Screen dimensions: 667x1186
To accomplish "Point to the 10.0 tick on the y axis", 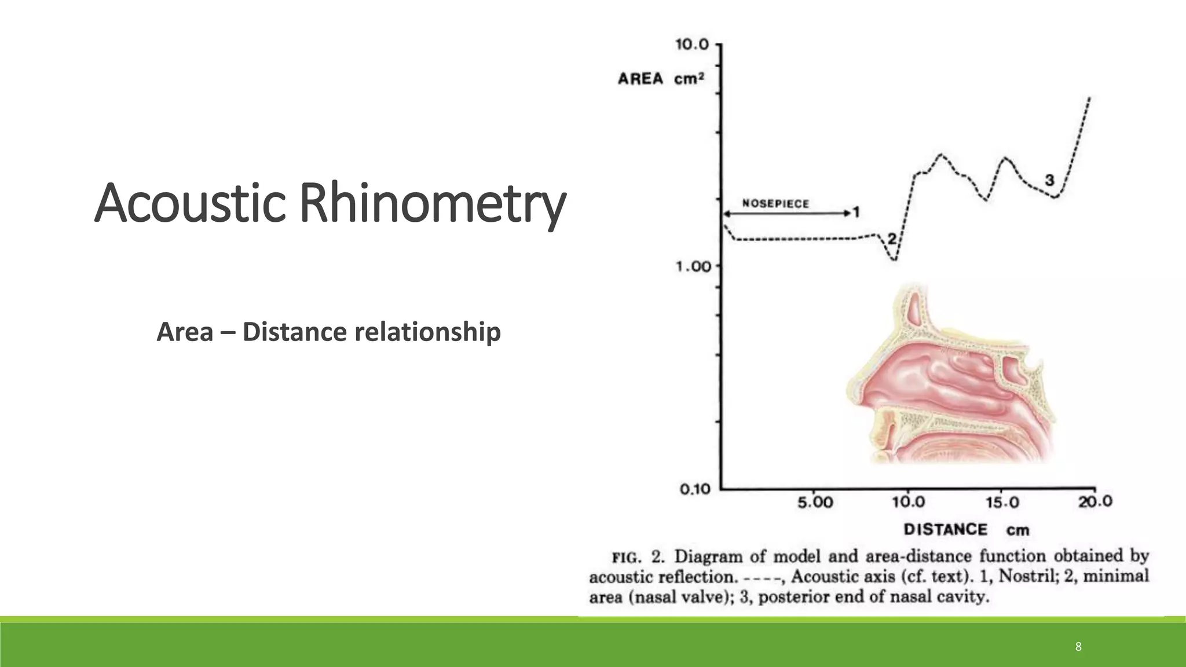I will pos(692,45).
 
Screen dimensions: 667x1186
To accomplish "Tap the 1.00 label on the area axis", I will pos(693,267).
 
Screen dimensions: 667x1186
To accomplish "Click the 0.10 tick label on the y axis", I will pos(694,490).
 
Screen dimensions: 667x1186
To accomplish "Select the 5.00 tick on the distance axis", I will pos(815,502).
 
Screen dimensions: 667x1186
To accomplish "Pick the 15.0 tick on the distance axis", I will pos(1002,502).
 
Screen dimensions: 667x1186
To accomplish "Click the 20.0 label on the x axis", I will pos(1095,501).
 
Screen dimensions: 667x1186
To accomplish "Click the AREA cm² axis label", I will pos(661,79).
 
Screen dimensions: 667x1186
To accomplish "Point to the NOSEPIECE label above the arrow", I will pos(775,203).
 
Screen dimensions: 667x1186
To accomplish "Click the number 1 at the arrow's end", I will pos(856,212).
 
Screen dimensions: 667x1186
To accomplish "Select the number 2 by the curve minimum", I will pos(892,239).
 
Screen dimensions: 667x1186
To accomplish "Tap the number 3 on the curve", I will pos(1049,180).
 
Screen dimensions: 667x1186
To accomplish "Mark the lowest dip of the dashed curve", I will pos(895,260).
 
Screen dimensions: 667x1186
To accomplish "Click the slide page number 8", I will pos(1078,647).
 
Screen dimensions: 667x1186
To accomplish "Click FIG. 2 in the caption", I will pos(638,558).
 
